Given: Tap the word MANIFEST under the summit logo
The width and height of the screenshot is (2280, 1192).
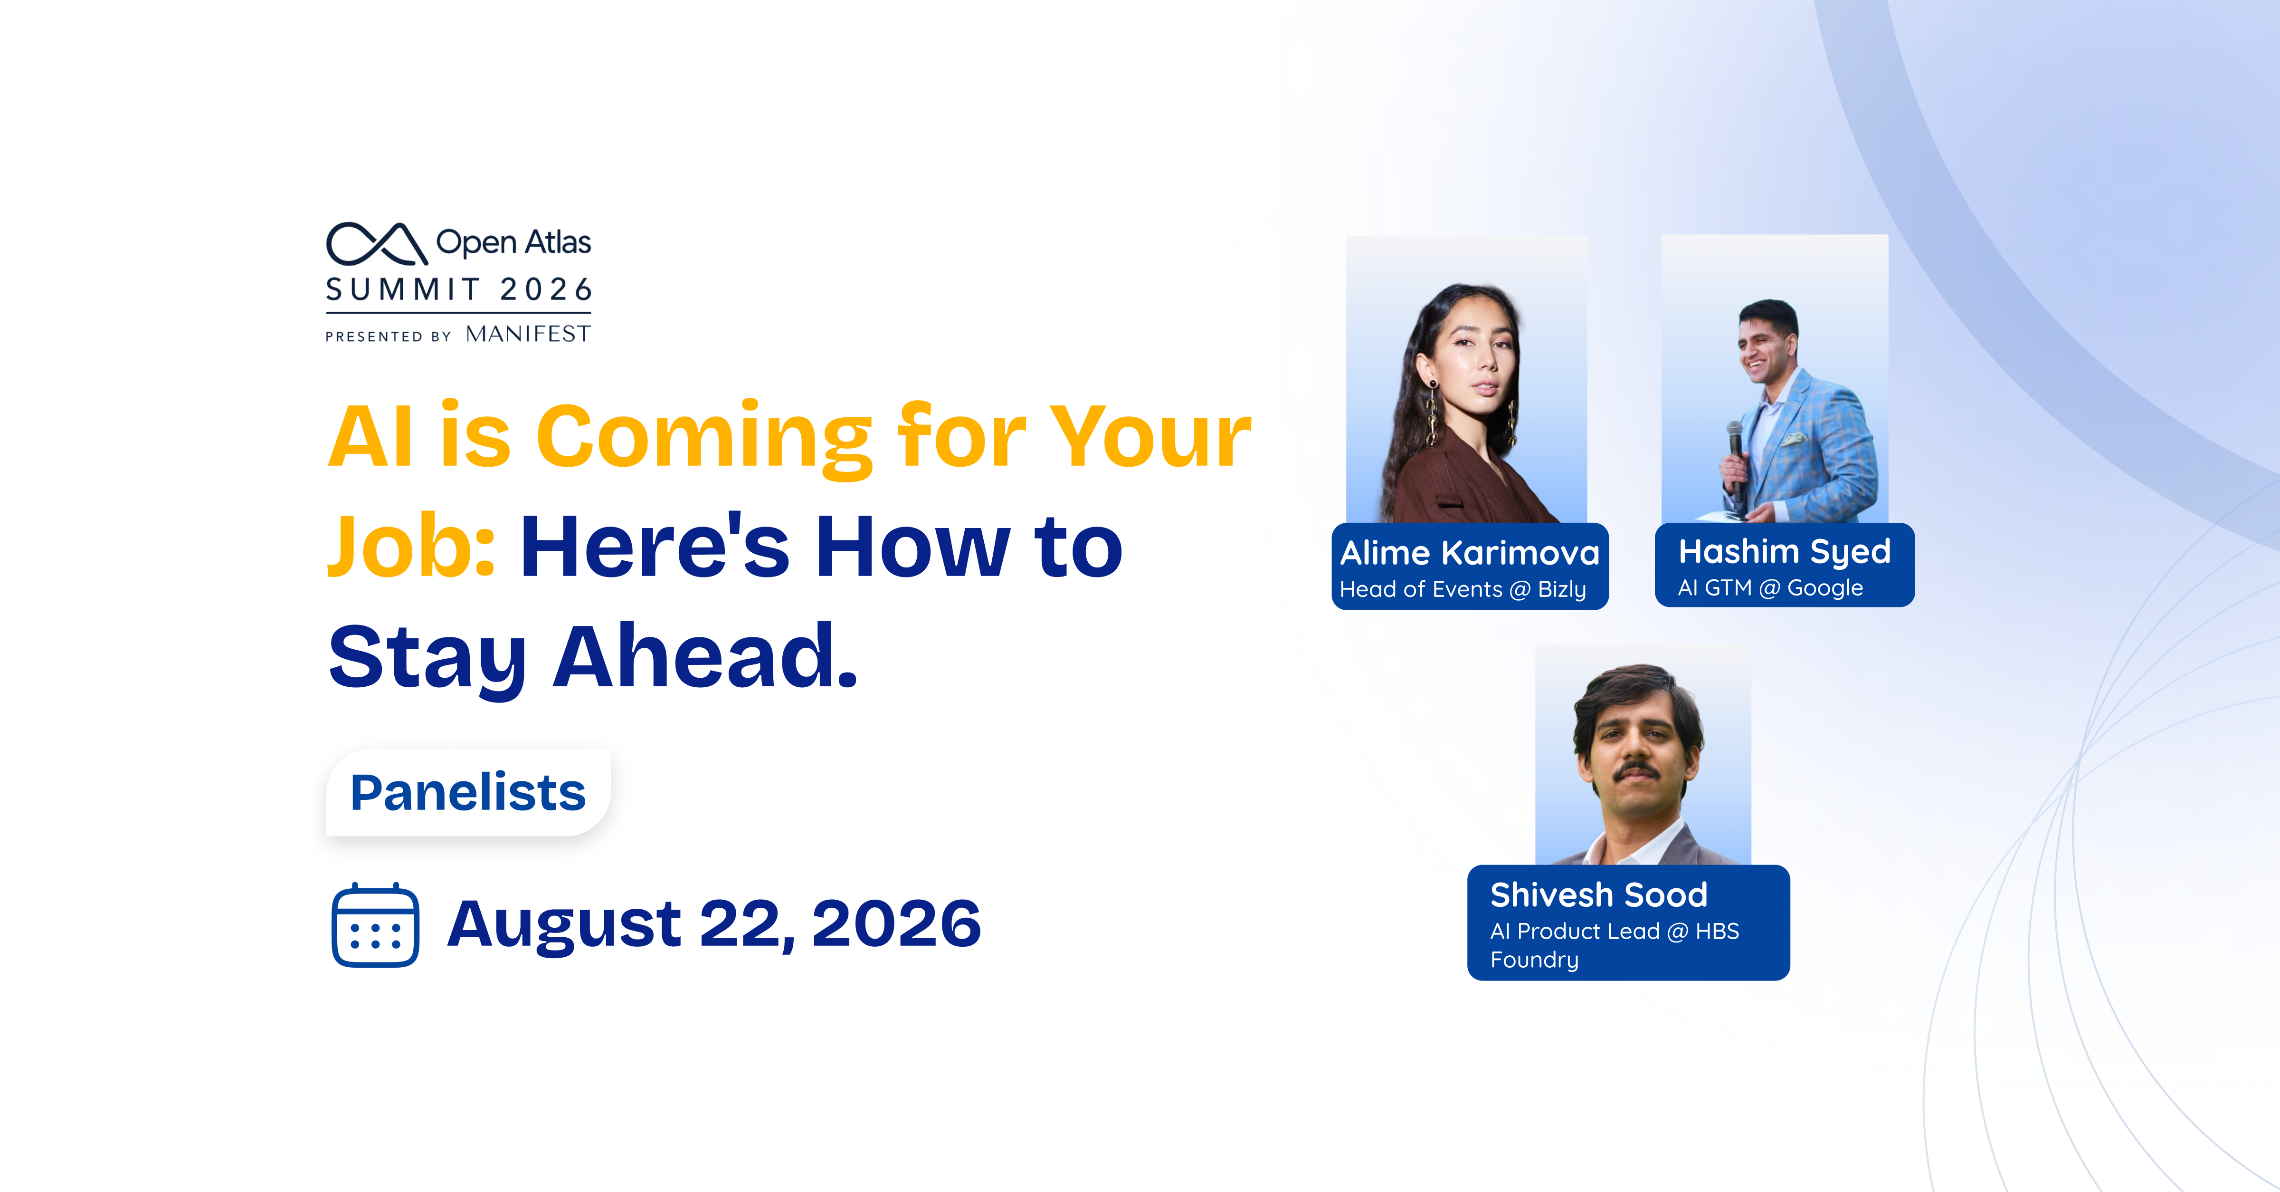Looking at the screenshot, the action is click(x=528, y=334).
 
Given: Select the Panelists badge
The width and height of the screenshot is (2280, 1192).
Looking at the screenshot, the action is click(x=468, y=793).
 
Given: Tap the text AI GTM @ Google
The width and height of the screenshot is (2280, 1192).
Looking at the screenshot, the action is click(x=1770, y=588).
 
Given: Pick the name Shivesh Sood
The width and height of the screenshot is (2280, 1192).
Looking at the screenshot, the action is click(x=1598, y=894).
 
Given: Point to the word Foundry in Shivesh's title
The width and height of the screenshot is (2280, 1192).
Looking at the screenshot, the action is click(x=1534, y=960).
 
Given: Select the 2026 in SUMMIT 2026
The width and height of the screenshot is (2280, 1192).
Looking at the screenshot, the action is click(x=546, y=289).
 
